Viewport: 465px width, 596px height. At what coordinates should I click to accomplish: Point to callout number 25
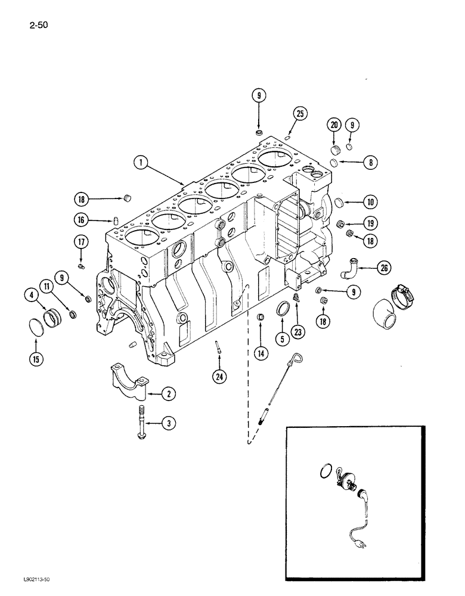pos(300,113)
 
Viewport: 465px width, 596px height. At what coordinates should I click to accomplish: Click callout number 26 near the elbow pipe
pos(385,269)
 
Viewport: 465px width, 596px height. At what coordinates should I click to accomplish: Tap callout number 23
pos(298,333)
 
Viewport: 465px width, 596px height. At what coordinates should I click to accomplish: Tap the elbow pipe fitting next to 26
pos(348,268)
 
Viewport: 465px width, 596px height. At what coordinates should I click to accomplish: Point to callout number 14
pos(260,353)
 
